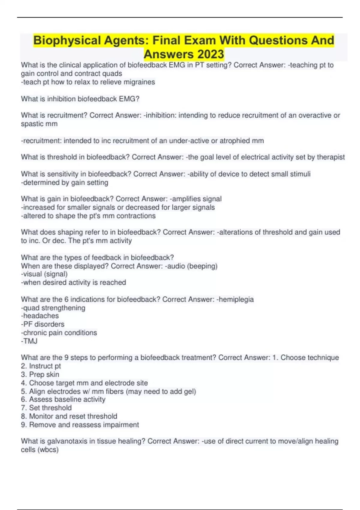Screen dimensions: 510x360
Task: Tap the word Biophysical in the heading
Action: coord(67,40)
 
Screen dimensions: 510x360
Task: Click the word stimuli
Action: coord(300,174)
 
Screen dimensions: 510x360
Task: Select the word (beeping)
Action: coord(202,266)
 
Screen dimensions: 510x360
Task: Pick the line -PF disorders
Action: coord(43,324)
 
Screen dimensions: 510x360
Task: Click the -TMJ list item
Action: coord(29,341)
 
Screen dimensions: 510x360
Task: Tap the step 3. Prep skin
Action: coord(40,374)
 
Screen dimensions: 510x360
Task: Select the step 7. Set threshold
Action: coord(46,408)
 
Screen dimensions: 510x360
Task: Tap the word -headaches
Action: coord(40,316)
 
